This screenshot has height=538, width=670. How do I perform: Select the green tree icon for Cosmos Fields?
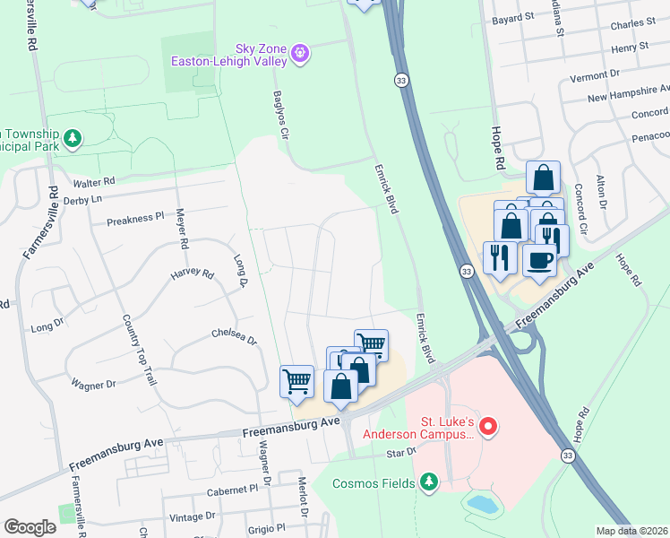tap(429, 483)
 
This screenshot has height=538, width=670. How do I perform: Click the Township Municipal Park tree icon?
tap(73, 139)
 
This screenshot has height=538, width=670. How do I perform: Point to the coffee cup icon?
tap(541, 259)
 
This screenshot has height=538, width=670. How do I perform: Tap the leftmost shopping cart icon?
tap(296, 381)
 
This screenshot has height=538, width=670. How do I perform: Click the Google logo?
tap(30, 526)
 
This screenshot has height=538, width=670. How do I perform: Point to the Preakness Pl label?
tap(135, 218)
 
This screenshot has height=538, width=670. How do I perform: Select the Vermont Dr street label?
tap(602, 73)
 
